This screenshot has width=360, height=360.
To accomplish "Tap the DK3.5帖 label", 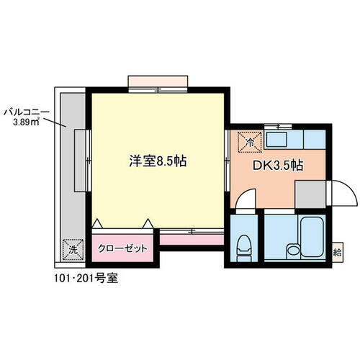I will [x=276, y=165].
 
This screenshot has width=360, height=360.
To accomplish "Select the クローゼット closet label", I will [x=122, y=248].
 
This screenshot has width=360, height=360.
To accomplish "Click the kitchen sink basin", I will [x=279, y=139].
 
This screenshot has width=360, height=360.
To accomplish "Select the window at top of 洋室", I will [x=159, y=80].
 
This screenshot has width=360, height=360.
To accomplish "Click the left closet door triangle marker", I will [x=96, y=222].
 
